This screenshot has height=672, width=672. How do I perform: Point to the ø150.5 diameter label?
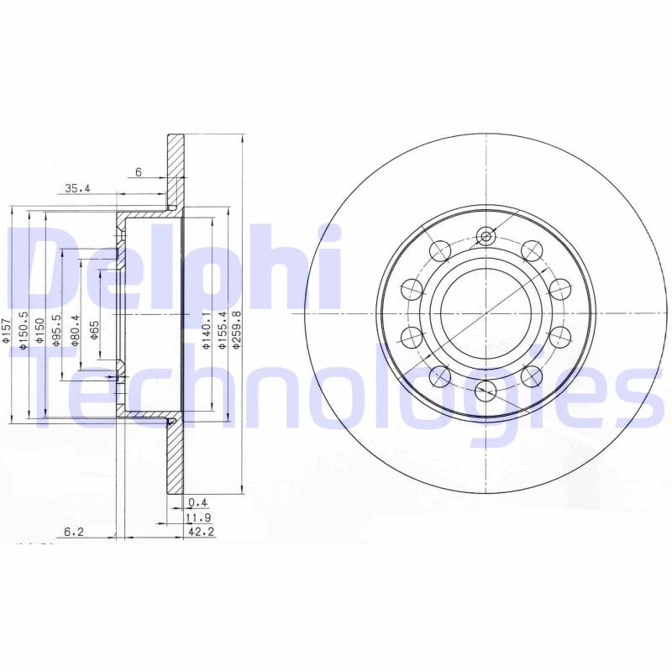point(24,328)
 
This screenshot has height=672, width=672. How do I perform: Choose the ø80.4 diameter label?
point(76,329)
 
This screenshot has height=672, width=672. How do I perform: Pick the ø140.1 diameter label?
point(205,325)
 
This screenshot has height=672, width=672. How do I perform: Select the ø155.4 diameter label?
point(223,325)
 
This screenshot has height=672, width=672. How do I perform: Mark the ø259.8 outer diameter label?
point(238,325)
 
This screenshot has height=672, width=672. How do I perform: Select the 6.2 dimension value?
point(75,531)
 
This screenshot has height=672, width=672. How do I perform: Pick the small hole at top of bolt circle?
point(484,236)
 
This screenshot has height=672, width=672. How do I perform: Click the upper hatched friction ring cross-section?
point(176,168)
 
